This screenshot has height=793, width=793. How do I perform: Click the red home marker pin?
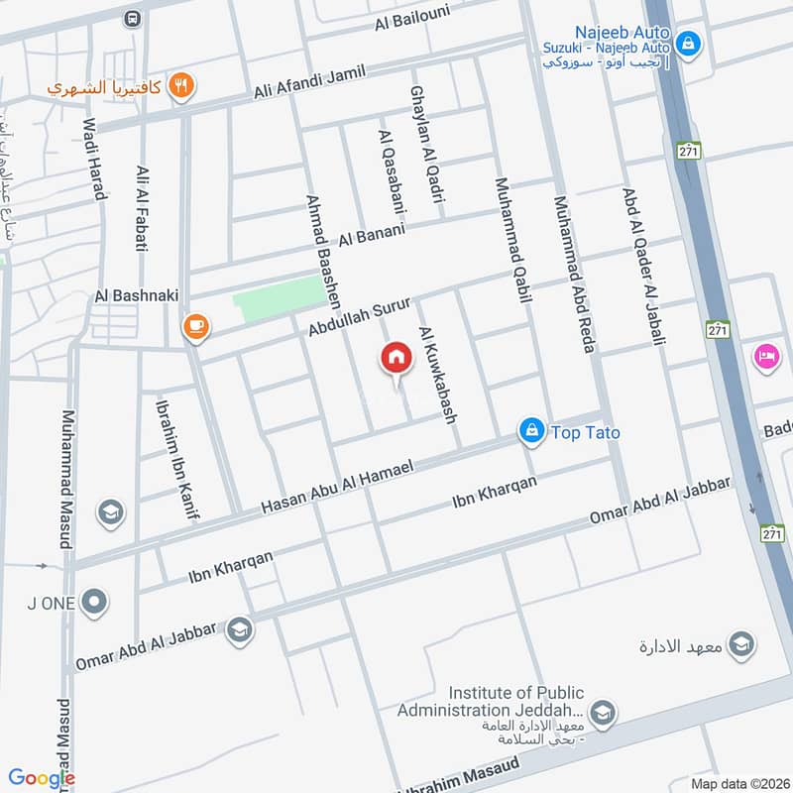(x=396, y=359)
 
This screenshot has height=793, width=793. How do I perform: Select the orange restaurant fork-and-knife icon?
(x=180, y=86)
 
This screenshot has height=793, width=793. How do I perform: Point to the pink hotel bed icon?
(x=766, y=356)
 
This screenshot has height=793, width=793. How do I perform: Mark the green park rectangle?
(x=280, y=298)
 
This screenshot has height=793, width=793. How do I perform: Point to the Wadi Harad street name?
(x=93, y=159)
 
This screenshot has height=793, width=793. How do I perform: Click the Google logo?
(x=42, y=778)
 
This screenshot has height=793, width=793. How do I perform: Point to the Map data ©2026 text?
(x=738, y=783)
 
